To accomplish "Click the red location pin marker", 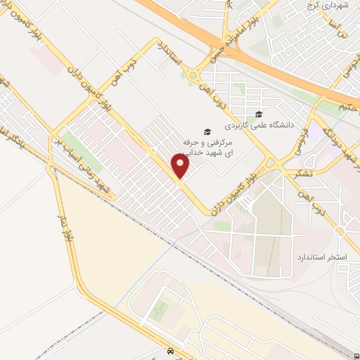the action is click(181, 167).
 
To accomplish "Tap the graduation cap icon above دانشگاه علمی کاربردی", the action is click(258, 115).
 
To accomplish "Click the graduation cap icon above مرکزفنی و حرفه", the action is click(207, 131).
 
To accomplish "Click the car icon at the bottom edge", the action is click(170, 350).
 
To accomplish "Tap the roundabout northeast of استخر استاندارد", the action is click(340, 232).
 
